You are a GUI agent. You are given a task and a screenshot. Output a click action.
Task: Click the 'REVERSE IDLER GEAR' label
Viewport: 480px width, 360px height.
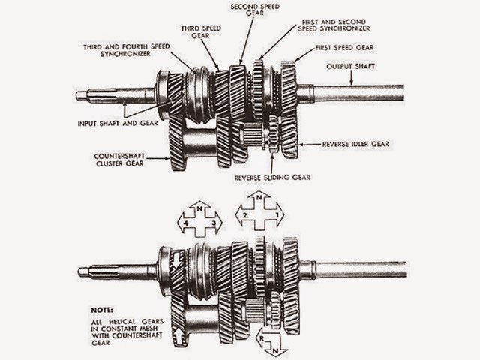pos(356,142)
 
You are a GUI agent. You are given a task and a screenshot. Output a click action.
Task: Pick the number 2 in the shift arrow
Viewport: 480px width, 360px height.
pos(244,215)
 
